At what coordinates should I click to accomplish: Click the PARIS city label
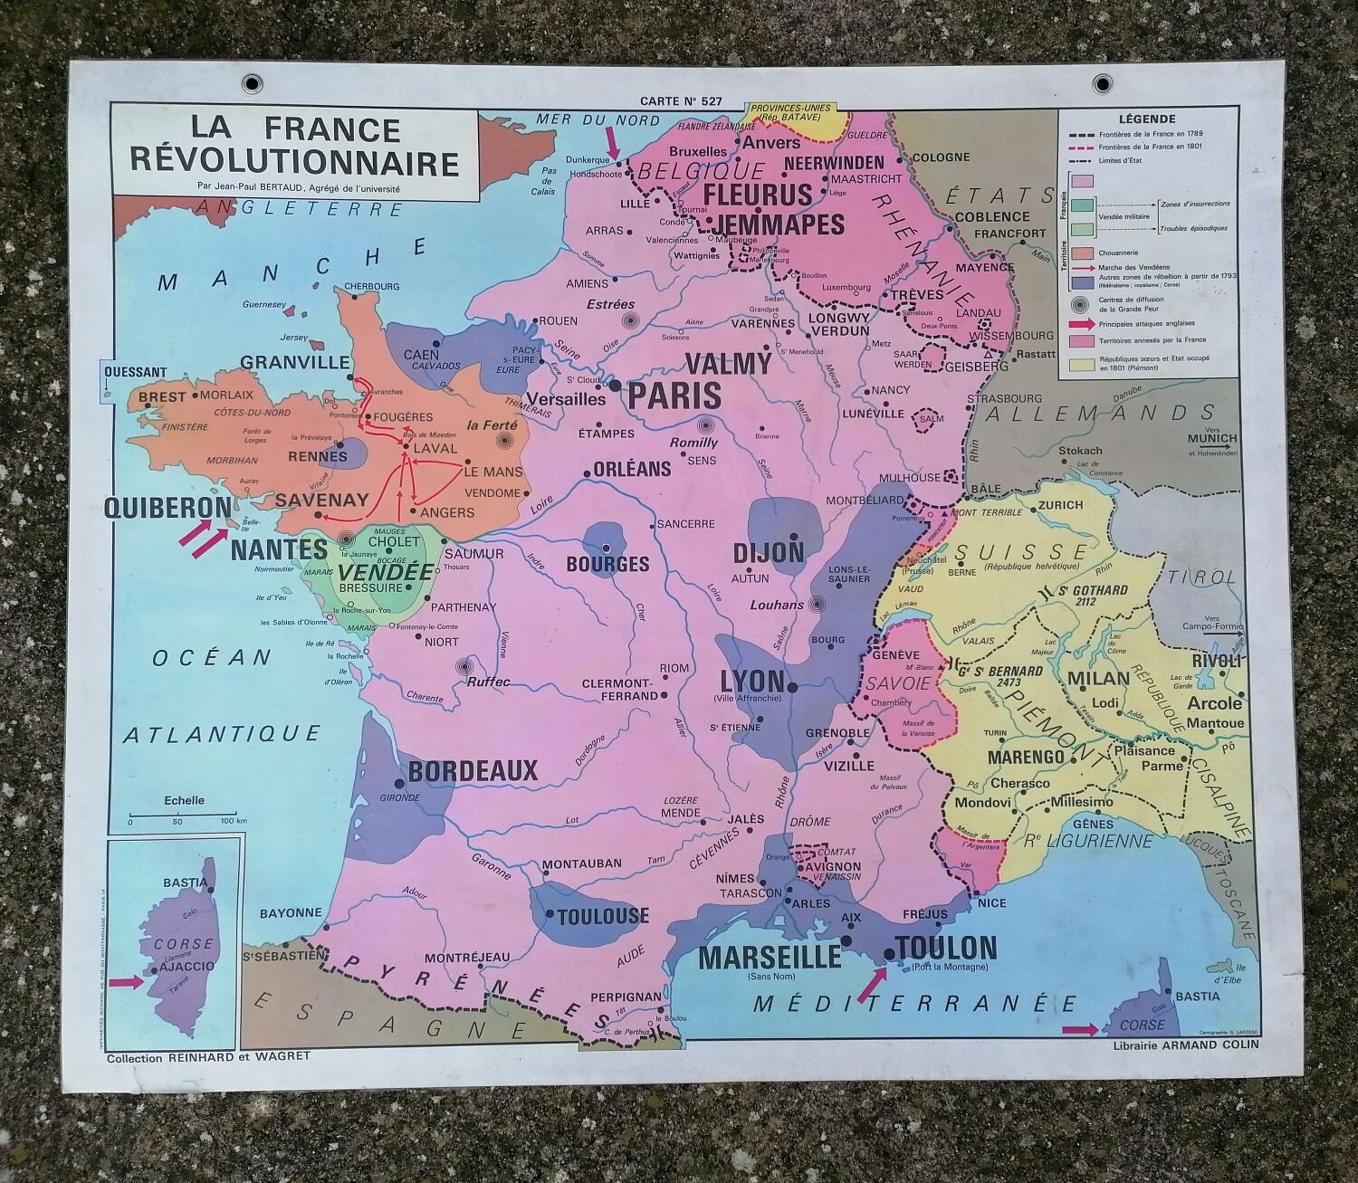pos(674,396)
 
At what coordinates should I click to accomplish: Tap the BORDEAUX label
pos(473,771)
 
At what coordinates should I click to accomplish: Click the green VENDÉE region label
pos(386,573)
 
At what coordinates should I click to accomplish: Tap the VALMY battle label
pos(728,364)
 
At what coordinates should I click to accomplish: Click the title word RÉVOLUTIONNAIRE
pos(295,163)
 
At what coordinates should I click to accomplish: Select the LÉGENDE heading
pos(1147,119)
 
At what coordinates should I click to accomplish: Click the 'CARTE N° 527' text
pos(679,101)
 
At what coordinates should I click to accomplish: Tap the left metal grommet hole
pos(252,84)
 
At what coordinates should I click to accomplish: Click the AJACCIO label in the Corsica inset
pos(187,967)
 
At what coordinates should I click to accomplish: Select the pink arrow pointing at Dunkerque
pos(613,140)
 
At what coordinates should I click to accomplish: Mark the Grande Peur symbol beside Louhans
pos(818,605)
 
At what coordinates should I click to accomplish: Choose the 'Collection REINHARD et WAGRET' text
pos(208,1056)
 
